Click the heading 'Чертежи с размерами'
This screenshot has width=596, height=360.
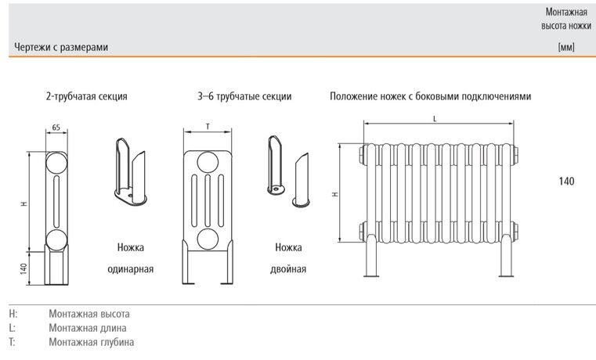tap(61, 48)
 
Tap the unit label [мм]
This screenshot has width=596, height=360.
tap(566, 48)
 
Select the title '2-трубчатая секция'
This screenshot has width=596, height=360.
tap(86, 97)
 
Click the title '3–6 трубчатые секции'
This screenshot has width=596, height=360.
tap(244, 97)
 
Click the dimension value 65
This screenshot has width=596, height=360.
tap(56, 127)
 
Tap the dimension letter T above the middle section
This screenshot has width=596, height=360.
tap(208, 126)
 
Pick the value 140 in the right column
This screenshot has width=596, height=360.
tap(566, 182)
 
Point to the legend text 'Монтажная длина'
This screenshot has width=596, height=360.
tap(87, 328)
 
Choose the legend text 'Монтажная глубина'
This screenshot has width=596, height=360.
tap(91, 342)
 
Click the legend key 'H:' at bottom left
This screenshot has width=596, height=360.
tap(14, 313)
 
